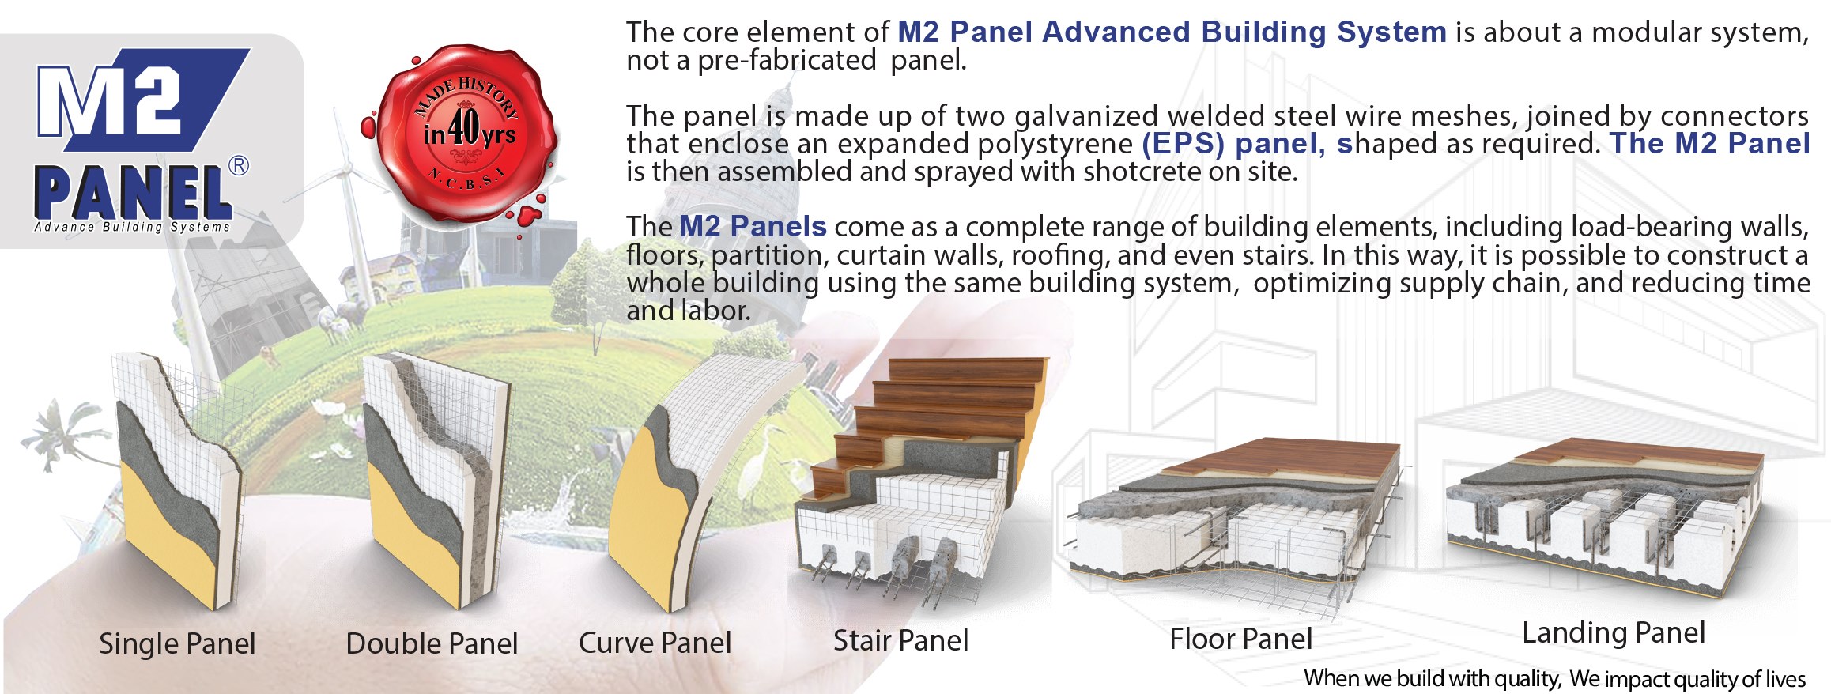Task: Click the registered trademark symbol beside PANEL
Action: tap(238, 166)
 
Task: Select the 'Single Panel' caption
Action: tap(177, 644)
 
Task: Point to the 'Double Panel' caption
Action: tap(432, 643)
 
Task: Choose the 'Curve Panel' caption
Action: tap(655, 643)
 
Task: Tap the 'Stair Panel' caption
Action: tap(900, 640)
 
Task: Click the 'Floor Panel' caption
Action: tap(1240, 639)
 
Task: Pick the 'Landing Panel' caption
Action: tap(1614, 633)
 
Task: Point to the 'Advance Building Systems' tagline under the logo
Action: tap(132, 227)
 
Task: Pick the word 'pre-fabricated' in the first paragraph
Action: tap(787, 60)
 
